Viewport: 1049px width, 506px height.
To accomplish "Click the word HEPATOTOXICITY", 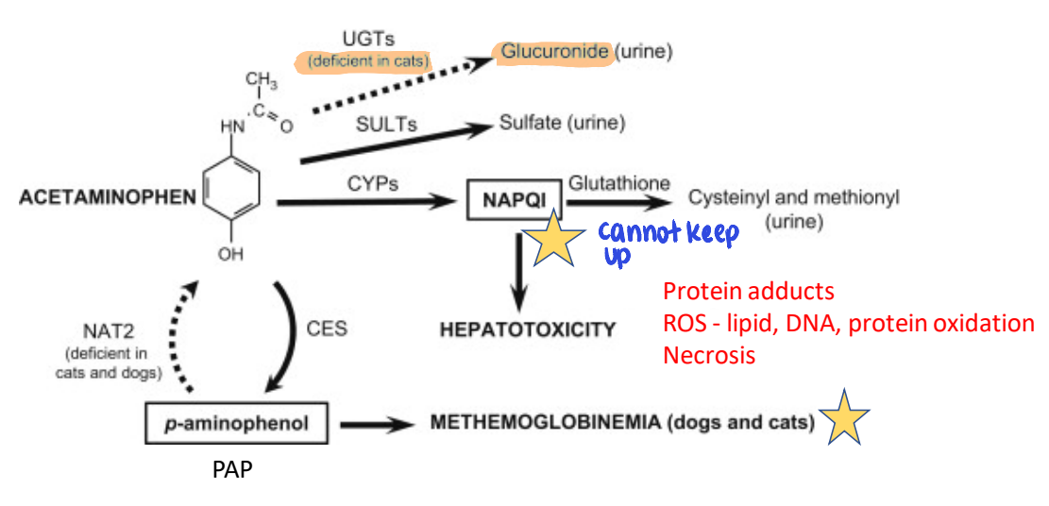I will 528,329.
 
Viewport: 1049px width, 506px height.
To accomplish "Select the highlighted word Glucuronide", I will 554,51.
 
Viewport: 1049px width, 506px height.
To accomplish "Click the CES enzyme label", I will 327,329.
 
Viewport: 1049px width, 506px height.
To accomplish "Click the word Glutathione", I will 618,183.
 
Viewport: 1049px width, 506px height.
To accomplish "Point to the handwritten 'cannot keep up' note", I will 667,242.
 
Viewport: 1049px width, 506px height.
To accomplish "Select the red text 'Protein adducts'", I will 748,291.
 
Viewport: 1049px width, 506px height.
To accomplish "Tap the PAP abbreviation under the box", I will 232,469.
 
